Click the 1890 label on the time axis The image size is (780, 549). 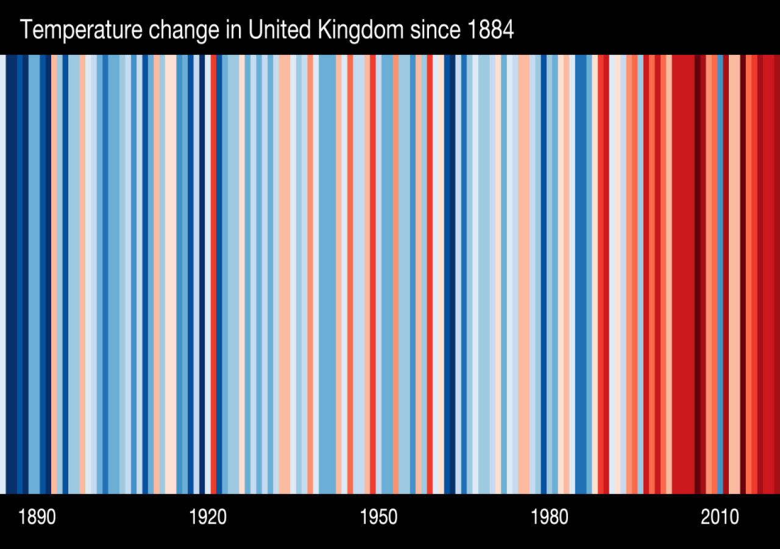tap(37, 517)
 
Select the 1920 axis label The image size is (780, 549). tap(208, 517)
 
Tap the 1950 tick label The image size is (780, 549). tap(378, 517)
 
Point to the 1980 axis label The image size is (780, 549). tap(550, 517)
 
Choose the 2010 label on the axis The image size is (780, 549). tap(720, 517)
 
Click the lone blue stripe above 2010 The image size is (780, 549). tap(720, 274)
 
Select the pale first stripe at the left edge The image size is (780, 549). tap(2, 274)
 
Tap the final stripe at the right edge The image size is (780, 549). tap(777, 274)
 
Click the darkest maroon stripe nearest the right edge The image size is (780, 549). tap(698, 274)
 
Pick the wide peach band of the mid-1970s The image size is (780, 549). tap(523, 274)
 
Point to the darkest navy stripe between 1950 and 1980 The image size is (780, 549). tap(450, 274)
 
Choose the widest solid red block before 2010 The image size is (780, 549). tap(683, 274)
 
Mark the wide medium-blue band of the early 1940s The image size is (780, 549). tap(327, 274)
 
